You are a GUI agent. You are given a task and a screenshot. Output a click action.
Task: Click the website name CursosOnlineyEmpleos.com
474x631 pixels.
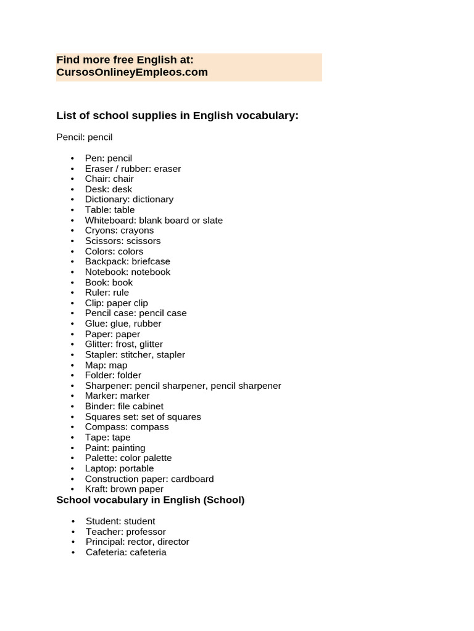132,72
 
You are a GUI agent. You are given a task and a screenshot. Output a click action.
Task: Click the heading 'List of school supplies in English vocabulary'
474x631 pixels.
177,115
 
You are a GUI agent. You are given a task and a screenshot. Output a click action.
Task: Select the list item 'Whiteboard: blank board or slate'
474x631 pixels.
154,220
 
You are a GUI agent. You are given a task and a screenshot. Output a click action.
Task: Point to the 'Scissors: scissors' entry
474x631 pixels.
123,241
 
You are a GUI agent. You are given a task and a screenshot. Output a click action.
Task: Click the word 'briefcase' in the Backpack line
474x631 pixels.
151,261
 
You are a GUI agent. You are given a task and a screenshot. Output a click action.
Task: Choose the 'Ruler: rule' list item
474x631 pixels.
107,293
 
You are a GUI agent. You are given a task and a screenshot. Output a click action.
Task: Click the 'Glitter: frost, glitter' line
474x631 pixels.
124,344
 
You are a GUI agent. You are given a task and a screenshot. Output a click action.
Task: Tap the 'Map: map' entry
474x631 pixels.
106,365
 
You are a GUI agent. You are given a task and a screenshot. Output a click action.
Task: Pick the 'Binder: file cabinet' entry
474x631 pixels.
124,406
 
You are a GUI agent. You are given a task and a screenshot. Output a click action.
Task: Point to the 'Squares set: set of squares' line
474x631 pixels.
143,417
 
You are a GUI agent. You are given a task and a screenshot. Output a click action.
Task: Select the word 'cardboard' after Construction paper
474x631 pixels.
193,479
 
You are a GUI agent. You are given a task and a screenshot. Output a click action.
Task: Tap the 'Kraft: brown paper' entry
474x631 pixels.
124,489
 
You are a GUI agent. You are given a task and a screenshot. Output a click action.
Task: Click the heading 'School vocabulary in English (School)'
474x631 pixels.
150,500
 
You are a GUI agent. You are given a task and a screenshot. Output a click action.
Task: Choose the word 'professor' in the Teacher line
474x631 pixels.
145,531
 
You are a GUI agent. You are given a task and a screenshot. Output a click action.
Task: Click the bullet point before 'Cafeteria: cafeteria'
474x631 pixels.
73,552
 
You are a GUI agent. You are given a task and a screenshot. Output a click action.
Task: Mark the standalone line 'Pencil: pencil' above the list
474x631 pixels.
85,137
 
